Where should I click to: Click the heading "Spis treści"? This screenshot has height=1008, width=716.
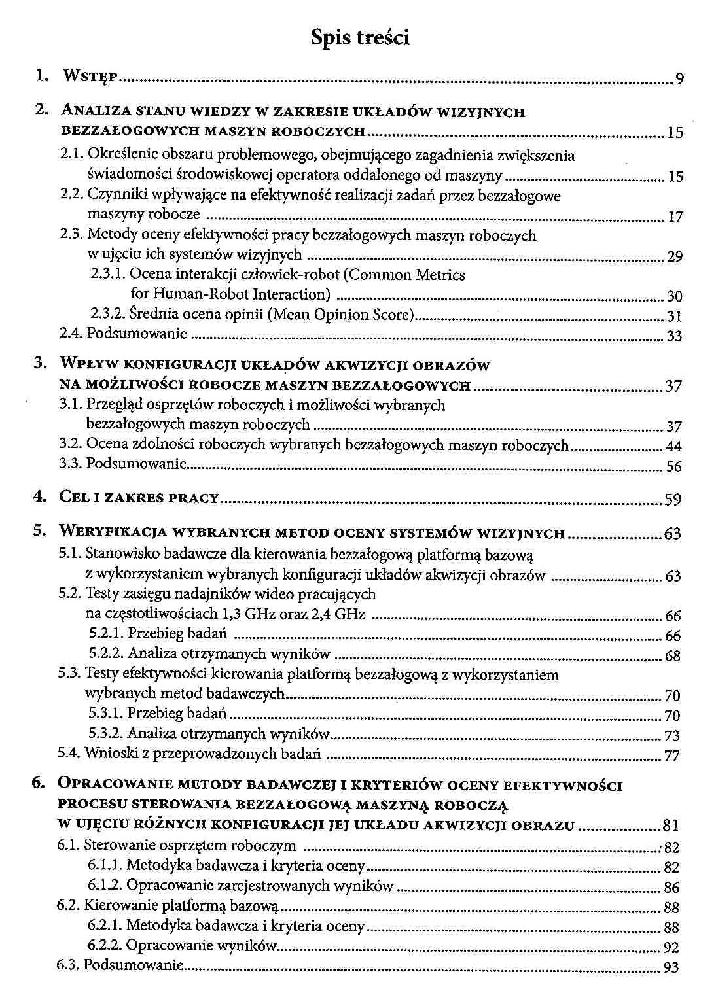360,38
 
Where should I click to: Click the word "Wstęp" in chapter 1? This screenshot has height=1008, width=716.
90,77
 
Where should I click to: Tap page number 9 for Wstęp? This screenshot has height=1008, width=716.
679,80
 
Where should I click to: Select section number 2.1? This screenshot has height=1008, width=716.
72,156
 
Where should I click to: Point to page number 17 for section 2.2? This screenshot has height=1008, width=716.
675,217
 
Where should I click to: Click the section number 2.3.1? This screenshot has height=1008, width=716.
109,275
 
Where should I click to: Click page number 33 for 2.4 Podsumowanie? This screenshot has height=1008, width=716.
674,336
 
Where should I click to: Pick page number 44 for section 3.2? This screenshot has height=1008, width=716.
673,447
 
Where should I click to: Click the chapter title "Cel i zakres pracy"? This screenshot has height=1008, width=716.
139,497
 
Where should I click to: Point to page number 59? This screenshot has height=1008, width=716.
673,500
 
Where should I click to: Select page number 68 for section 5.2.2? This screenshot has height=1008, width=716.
672,655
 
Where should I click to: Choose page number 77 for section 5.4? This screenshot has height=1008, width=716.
672,756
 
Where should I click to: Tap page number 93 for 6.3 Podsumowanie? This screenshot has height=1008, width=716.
671,967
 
